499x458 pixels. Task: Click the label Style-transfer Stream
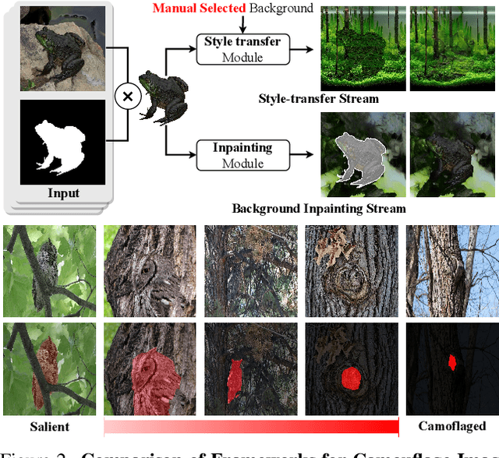tap(319, 99)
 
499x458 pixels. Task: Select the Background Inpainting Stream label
tap(319, 208)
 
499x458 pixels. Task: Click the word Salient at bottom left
tap(49, 426)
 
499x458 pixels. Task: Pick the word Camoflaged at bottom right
tap(451, 426)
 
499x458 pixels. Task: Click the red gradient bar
tap(251, 426)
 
